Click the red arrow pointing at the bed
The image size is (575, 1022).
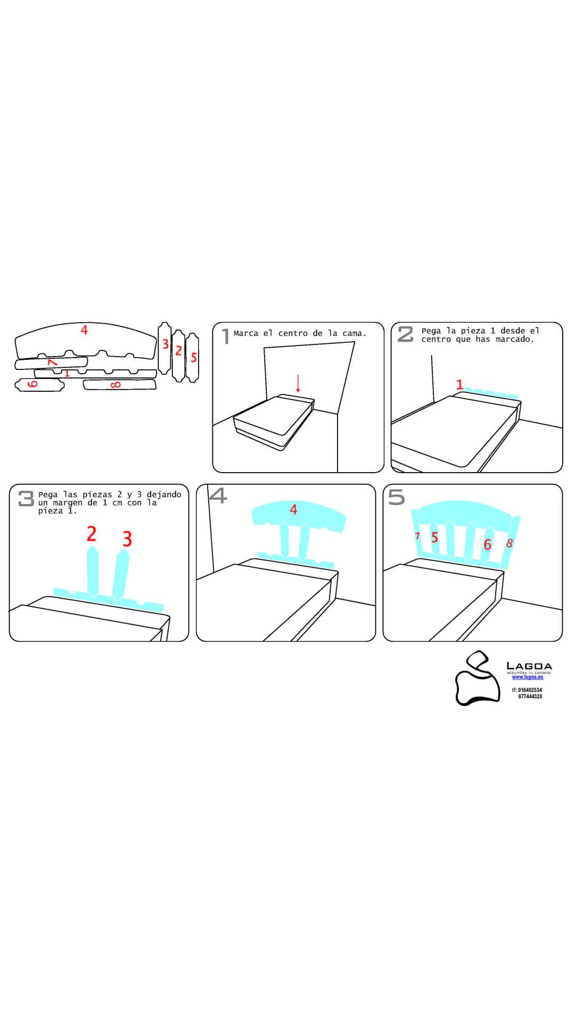point(298,383)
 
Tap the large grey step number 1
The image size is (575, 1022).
point(226,336)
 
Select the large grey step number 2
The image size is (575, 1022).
point(406,334)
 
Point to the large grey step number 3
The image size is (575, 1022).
point(26,498)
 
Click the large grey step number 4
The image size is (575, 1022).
point(218,496)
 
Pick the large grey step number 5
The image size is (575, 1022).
point(397,497)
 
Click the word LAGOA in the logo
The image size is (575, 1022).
point(529,666)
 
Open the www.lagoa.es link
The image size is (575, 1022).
point(528,677)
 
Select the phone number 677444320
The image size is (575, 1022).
point(530,696)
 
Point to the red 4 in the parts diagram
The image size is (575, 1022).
point(84,330)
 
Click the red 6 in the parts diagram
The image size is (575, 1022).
point(32,384)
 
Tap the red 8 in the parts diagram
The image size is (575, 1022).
point(116,385)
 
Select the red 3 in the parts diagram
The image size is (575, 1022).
point(166,344)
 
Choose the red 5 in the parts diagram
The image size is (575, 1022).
point(194,357)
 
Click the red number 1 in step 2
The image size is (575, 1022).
point(460,384)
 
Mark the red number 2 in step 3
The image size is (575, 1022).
point(92,534)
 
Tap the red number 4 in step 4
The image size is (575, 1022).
point(293,510)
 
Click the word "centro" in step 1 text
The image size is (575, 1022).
point(293,334)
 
